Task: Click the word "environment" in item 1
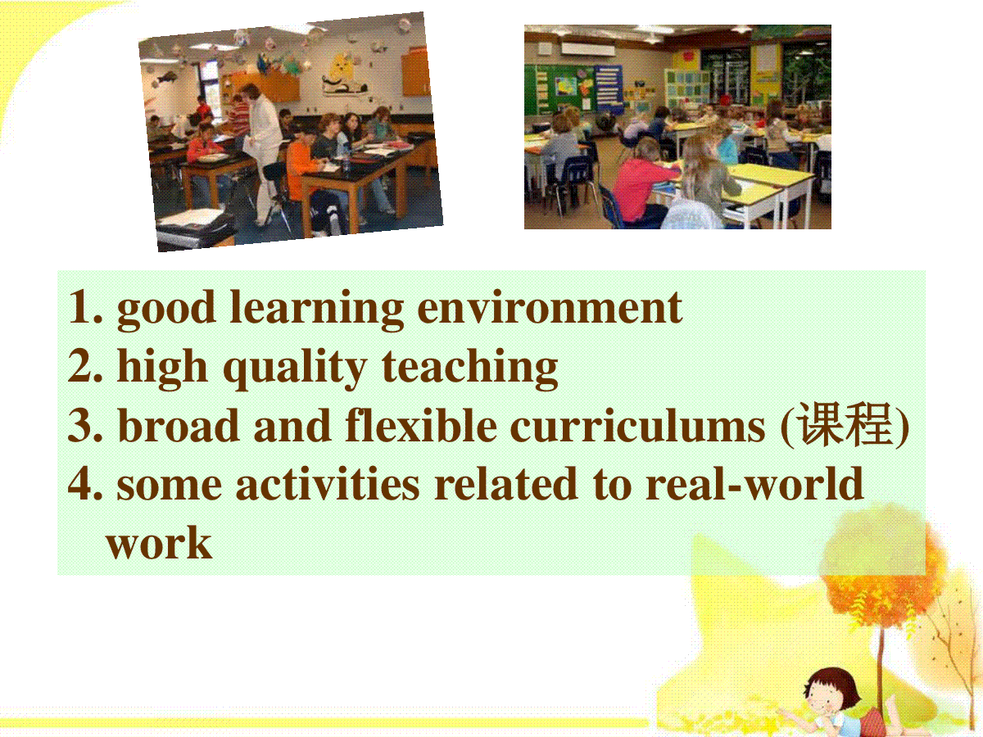coord(550,307)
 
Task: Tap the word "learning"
coord(316,310)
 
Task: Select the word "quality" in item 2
coord(295,368)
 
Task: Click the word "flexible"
coord(421,424)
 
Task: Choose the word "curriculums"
coord(637,424)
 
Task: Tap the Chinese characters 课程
coord(845,424)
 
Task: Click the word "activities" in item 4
coord(328,484)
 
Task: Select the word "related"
coord(505,483)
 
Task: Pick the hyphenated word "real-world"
coord(754,483)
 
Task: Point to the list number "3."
coord(85,425)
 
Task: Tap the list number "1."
coord(85,307)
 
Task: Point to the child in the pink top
coord(641,181)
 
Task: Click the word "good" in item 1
coord(166,310)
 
